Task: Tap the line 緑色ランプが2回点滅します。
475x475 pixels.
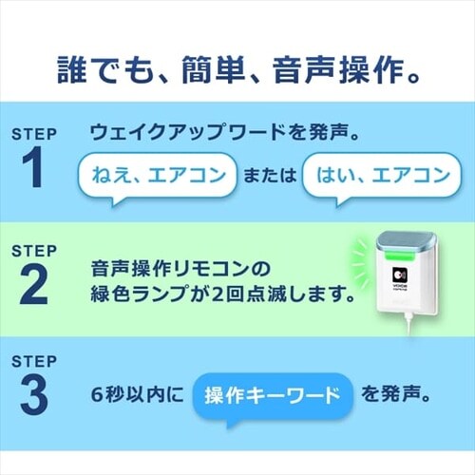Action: pos(222,294)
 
